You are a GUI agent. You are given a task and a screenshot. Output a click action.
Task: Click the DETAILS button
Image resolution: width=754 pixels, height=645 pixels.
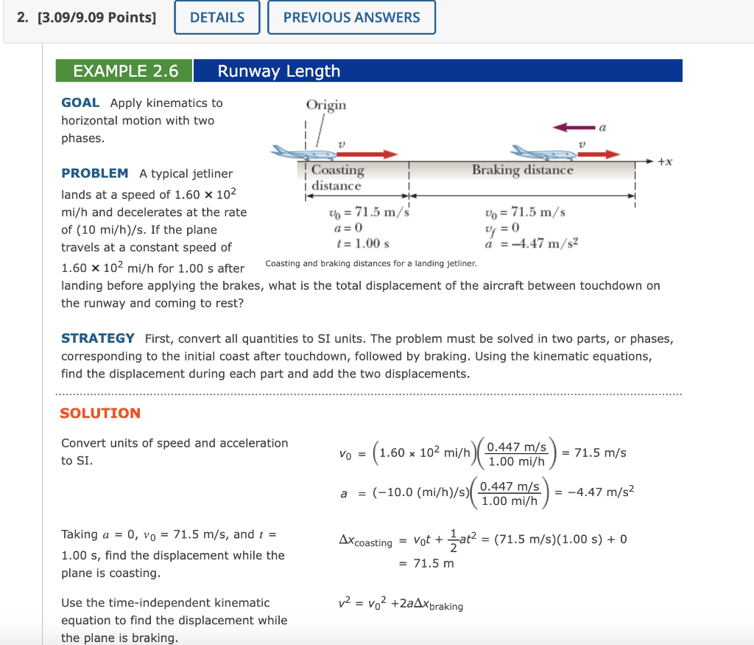point(217,18)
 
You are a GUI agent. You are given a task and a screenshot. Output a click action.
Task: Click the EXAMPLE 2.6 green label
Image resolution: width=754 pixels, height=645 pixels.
point(125,71)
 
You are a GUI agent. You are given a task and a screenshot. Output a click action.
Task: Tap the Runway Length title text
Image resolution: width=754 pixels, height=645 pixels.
point(278,71)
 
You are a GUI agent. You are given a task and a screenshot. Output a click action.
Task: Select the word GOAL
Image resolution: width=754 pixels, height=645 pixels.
point(80,102)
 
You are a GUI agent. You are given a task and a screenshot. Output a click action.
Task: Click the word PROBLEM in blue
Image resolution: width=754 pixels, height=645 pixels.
point(94,173)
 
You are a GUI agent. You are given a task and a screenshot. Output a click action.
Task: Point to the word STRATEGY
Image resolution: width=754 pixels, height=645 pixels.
point(97,338)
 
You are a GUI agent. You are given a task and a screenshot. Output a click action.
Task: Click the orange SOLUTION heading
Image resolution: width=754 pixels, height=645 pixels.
point(99,413)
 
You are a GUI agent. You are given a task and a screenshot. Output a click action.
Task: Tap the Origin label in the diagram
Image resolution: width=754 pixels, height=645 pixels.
point(325,105)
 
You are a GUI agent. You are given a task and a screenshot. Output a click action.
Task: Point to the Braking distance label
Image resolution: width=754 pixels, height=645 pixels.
point(522,170)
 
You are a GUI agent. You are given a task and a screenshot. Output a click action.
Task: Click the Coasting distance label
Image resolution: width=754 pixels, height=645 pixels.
point(337,178)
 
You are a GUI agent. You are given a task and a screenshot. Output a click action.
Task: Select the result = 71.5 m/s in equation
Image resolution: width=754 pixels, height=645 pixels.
point(594,453)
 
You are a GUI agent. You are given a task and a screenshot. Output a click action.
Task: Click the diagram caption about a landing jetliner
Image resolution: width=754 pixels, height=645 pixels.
point(370,263)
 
